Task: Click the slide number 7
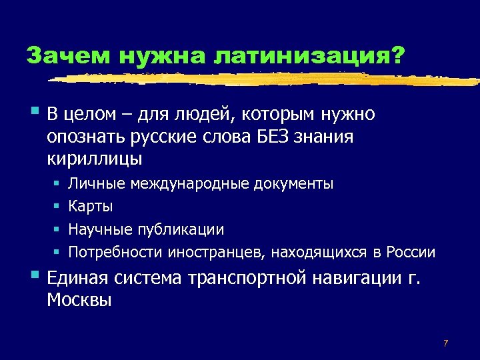pos(445,343)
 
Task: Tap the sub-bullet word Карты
pos(91,206)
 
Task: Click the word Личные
pos(97,183)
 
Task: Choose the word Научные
pos(102,229)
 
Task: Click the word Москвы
pos(79,300)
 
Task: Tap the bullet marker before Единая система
pos(34,274)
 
